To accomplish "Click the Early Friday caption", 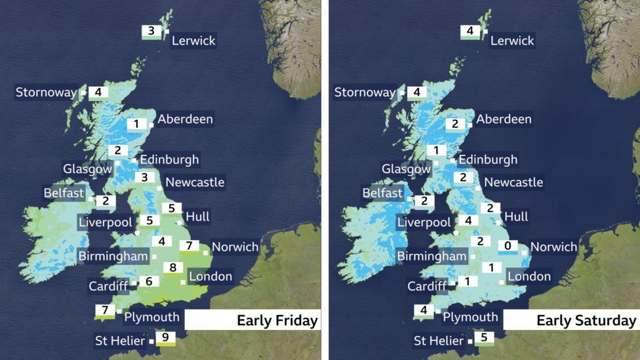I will click(277, 321).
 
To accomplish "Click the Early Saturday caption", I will click(586, 321).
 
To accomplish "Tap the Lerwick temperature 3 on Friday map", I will click(151, 31).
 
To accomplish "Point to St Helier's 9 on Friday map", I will click(165, 338).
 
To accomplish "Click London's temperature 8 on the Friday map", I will click(172, 268).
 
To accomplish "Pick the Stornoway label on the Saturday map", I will click(365, 92).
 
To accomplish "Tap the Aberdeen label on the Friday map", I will click(185, 119).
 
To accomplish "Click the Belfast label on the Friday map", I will click(64, 193).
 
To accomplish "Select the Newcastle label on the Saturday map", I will click(513, 182).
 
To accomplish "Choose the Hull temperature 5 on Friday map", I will click(170, 209).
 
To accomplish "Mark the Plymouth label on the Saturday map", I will click(470, 317).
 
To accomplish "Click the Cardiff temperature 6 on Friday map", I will click(149, 281).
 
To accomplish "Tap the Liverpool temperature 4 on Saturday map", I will click(468, 221).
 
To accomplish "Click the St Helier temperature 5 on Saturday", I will click(484, 338).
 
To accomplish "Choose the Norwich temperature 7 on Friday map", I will click(189, 246).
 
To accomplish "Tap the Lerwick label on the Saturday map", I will click(512, 41).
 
